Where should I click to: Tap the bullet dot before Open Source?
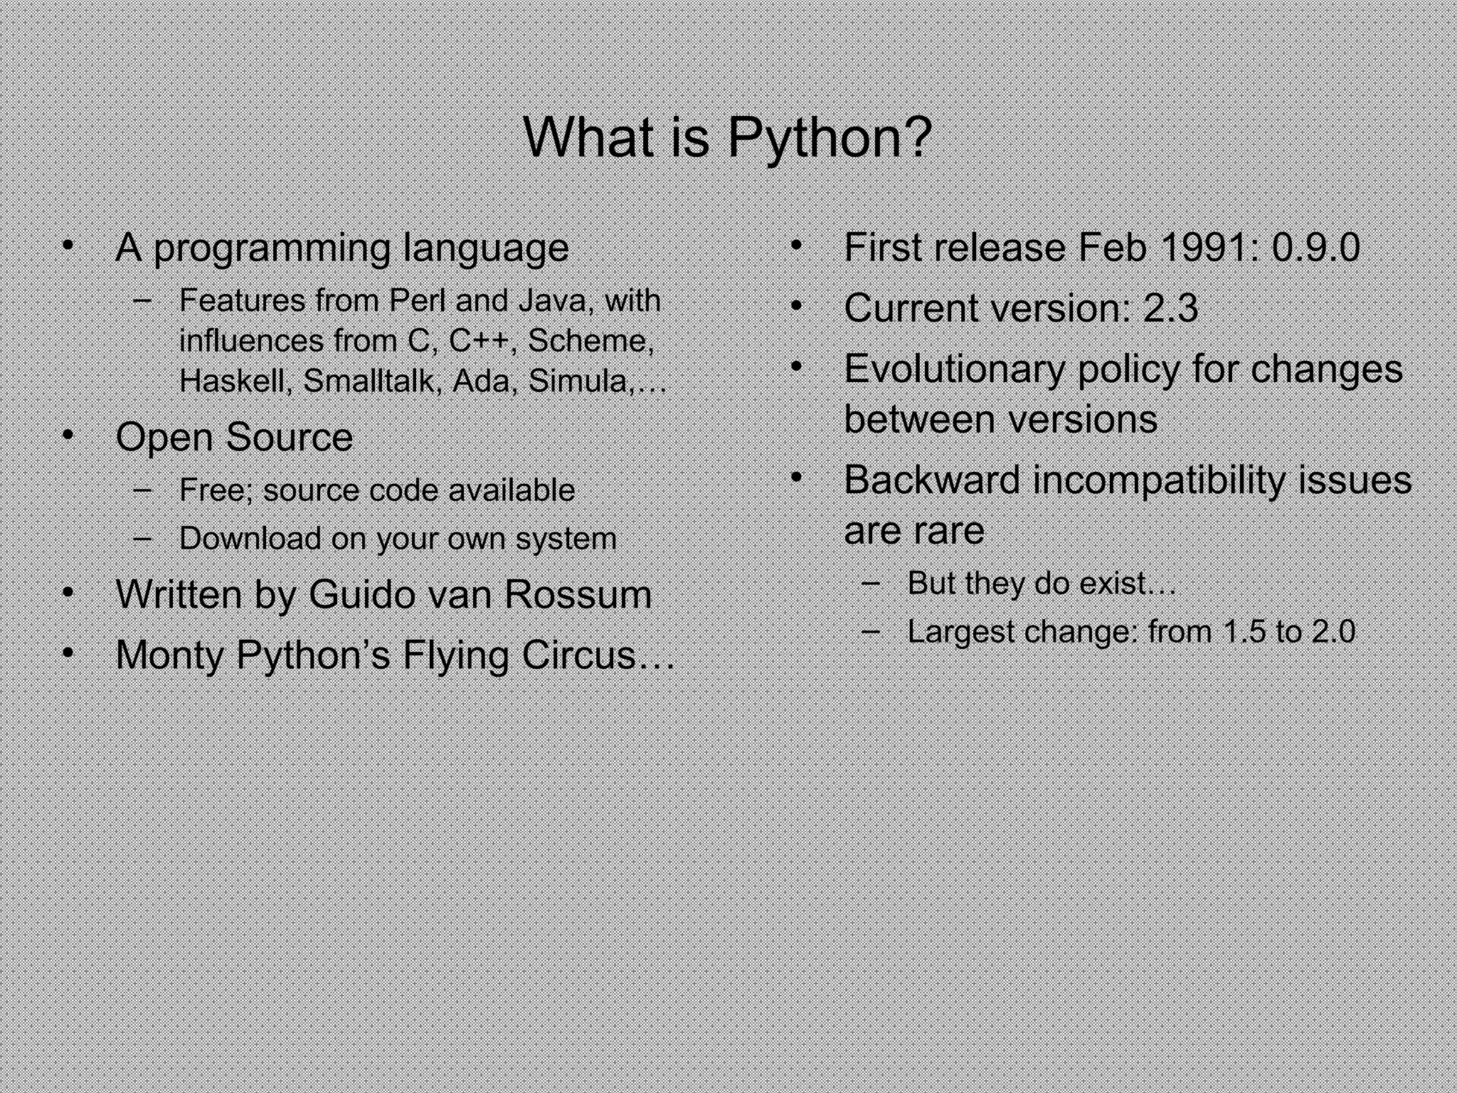click(68, 435)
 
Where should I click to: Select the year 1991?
click(1202, 248)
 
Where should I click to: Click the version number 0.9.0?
click(1315, 248)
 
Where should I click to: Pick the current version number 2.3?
click(1170, 308)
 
